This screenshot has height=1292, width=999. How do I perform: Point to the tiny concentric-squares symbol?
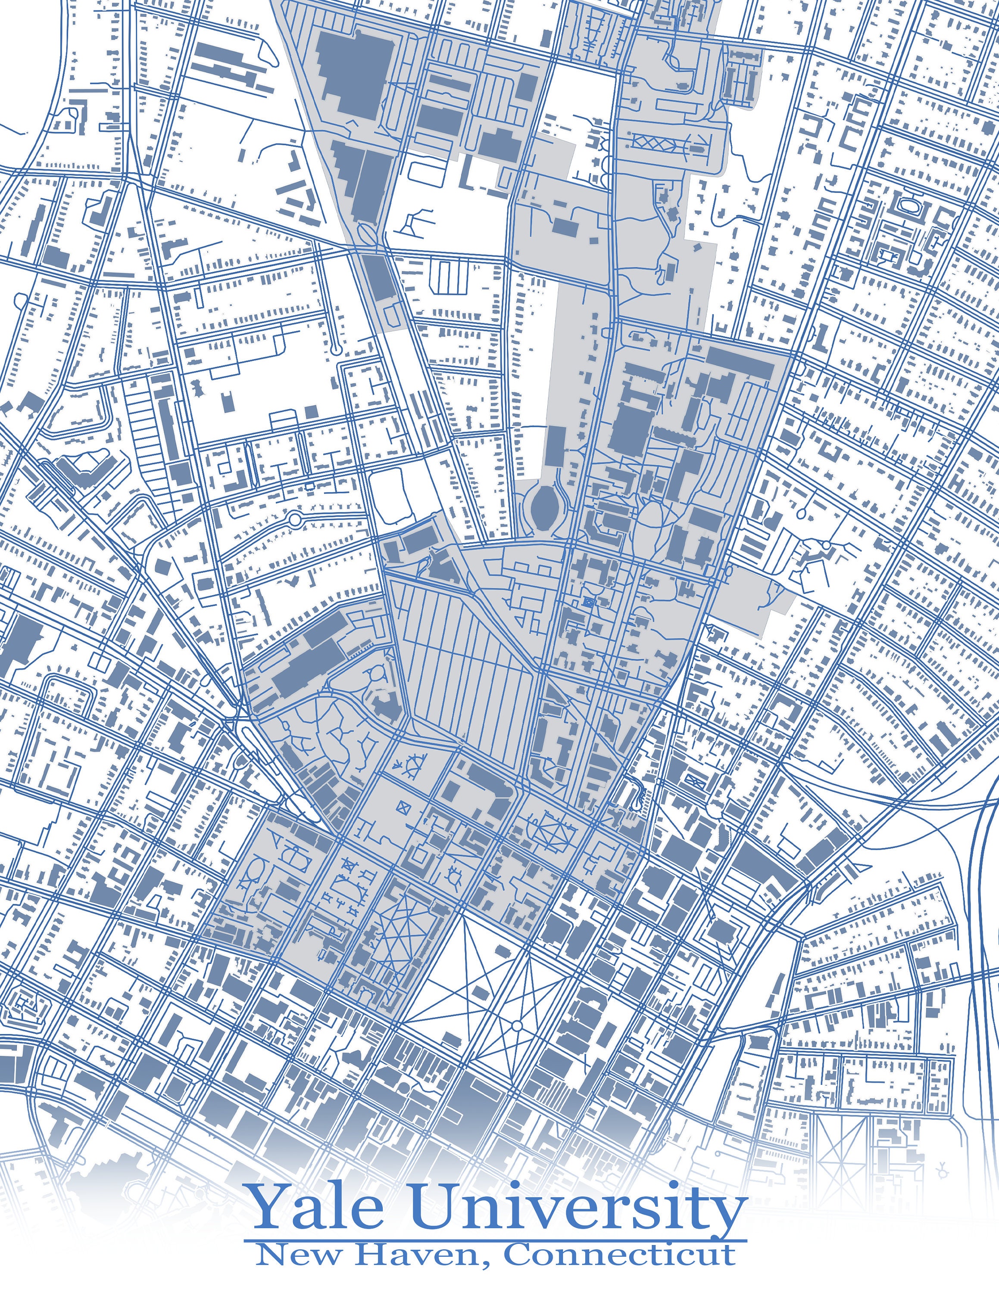[x=588, y=602]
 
